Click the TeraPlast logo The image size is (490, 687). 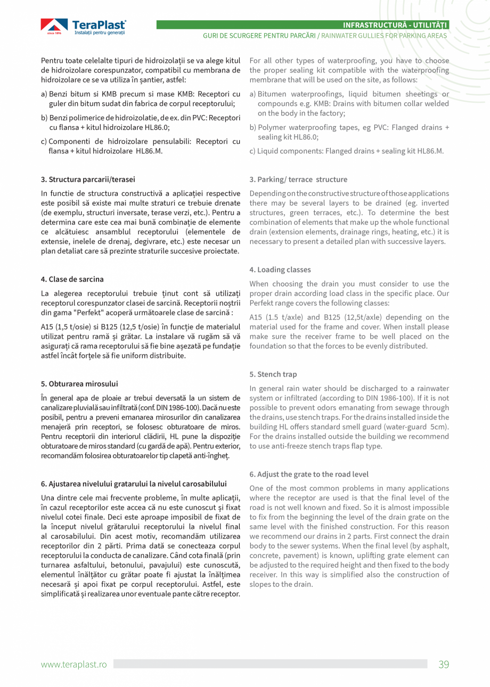tap(84, 27)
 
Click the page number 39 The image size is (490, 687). tap(444, 664)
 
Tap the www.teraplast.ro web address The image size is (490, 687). tap(74, 664)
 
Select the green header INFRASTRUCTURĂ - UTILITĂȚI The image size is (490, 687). tap(395, 25)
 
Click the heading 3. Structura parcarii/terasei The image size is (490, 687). tap(88, 179)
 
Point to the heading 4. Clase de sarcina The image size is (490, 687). tap(72, 279)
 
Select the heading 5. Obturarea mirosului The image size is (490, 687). tap(79, 383)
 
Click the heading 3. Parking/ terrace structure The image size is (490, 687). tap(298, 179)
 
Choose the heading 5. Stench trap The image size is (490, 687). tap(273, 374)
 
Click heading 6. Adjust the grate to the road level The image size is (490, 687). tap(309, 474)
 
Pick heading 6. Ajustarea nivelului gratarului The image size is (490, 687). tap(134, 484)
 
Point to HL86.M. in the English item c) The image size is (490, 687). tap(429, 151)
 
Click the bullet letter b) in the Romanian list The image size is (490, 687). tap(44, 118)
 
